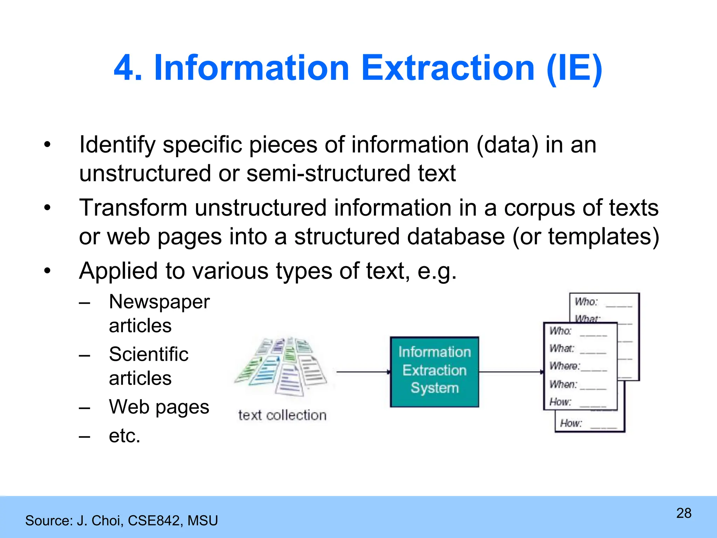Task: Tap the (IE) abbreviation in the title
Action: [x=574, y=68]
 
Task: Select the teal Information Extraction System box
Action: [x=434, y=372]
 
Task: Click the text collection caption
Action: [x=282, y=415]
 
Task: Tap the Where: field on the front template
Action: [x=564, y=366]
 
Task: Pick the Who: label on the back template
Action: [x=586, y=302]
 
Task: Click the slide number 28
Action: [x=684, y=513]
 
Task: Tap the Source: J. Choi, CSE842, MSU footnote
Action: [x=121, y=520]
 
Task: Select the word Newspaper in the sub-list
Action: [x=159, y=302]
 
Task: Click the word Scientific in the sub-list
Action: [x=148, y=354]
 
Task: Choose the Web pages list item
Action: [x=159, y=407]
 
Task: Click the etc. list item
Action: [x=124, y=436]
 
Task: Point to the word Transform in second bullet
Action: [x=133, y=208]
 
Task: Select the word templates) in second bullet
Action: [x=604, y=237]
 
